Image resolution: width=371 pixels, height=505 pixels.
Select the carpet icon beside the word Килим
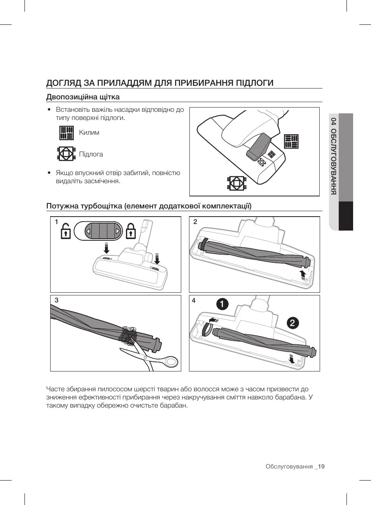[66, 133]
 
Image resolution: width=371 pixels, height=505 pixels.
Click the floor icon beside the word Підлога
[66, 154]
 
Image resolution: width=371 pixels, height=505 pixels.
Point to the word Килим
[89, 133]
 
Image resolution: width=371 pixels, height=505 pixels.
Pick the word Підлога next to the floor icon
[91, 154]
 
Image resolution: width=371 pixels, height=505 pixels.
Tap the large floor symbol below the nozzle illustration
[236, 183]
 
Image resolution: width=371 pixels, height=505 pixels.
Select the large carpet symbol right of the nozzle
[291, 142]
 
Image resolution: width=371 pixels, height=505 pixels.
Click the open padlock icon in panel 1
[66, 231]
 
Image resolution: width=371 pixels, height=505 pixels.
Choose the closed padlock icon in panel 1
[131, 231]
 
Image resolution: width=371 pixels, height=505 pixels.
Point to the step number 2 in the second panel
[195, 222]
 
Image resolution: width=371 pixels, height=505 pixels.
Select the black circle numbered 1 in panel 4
[222, 304]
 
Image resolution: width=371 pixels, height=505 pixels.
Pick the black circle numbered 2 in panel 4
[293, 323]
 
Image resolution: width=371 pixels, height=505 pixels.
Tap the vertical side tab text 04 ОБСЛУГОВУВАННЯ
[333, 156]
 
